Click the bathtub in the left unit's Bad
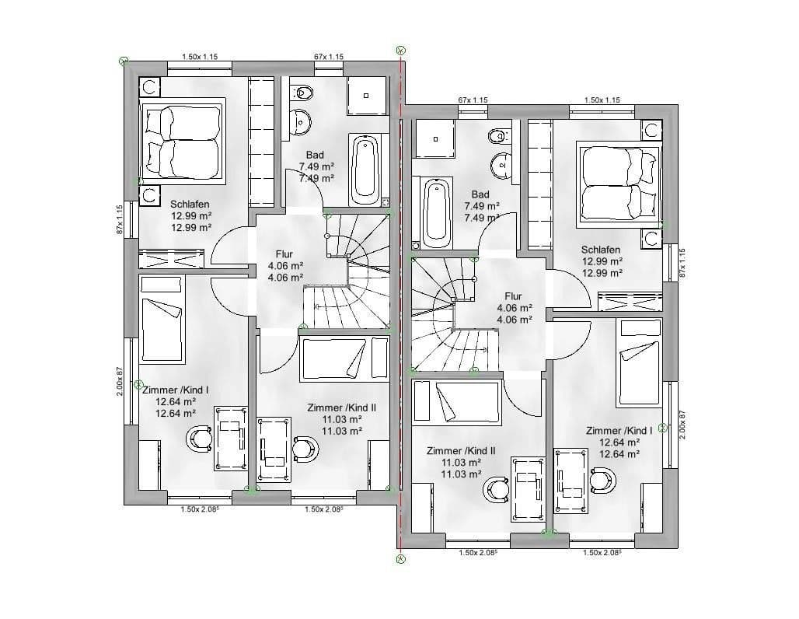pos(365,168)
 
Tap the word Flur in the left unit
pos(285,254)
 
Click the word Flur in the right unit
pos(513,296)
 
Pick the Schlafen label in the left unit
pos(190,205)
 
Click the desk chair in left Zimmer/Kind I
pos(200,439)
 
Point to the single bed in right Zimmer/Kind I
pos(639,364)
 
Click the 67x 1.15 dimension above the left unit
pos(329,57)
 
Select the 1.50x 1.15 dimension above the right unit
pos(602,100)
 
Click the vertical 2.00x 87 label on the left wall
pos(120,381)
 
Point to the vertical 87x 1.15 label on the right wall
pos(683,263)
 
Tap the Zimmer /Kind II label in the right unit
pos(461,450)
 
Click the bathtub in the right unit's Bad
pos(435,211)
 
